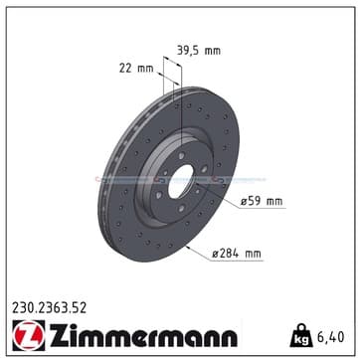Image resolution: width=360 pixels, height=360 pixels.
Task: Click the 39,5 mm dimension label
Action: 199,51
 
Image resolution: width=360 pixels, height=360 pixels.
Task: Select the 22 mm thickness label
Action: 136,69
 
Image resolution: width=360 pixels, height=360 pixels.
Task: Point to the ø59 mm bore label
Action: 262,201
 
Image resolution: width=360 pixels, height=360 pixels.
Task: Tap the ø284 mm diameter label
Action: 237,254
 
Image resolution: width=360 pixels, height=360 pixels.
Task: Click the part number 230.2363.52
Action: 50,308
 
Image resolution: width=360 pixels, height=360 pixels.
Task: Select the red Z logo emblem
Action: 29,335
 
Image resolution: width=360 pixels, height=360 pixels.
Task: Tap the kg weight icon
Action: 301,335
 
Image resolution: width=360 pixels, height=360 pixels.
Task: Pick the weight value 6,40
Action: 331,337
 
